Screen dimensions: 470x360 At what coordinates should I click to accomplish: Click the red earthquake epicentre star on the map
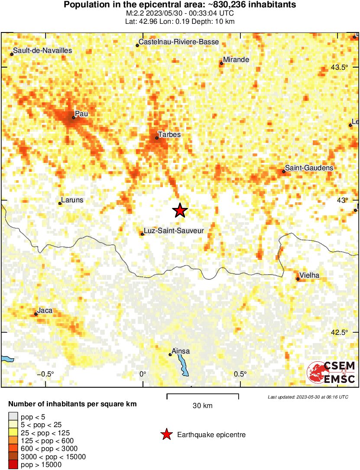click(x=180, y=211)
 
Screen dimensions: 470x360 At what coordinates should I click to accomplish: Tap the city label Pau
click(x=81, y=113)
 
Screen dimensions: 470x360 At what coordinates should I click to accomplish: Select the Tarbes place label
click(x=169, y=135)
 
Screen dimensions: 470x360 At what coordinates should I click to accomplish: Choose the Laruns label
click(x=72, y=200)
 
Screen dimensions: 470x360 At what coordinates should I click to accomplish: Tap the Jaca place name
click(x=45, y=311)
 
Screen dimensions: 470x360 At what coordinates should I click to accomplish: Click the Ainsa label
click(x=181, y=351)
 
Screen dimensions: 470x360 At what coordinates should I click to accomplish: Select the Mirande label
click(x=236, y=60)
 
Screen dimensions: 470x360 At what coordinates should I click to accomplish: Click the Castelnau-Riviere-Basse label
click(x=178, y=42)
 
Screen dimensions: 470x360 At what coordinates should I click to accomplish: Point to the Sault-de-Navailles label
click(x=42, y=51)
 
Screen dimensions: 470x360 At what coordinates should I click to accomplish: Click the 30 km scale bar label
click(x=202, y=406)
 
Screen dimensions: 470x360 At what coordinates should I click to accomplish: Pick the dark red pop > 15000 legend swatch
click(x=13, y=465)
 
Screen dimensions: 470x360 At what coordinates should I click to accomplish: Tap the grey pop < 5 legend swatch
click(x=13, y=417)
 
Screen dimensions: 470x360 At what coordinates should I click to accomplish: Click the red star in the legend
click(x=166, y=434)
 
